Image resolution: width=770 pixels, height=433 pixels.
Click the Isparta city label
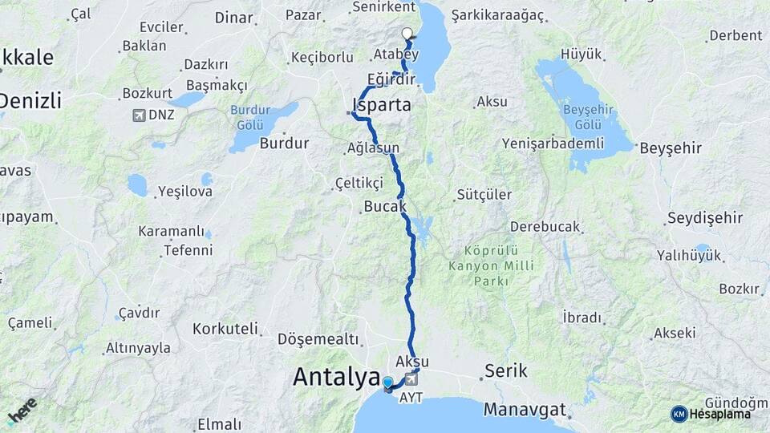[382, 105]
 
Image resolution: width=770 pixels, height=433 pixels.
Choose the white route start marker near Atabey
[407, 34]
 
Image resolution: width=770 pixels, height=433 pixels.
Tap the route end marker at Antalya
[388, 384]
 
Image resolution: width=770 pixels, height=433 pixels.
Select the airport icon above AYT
[411, 378]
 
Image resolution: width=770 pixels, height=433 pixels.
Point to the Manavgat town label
[525, 409]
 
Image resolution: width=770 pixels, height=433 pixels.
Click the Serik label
[506, 370]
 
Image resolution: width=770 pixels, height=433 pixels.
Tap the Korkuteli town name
[225, 329]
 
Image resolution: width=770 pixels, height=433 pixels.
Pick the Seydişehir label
[705, 218]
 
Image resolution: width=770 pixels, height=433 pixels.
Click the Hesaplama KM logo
[711, 414]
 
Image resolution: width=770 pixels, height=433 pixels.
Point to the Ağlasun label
[373, 148]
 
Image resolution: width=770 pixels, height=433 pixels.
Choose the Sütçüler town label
[484, 194]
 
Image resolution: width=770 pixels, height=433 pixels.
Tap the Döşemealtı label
[318, 339]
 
